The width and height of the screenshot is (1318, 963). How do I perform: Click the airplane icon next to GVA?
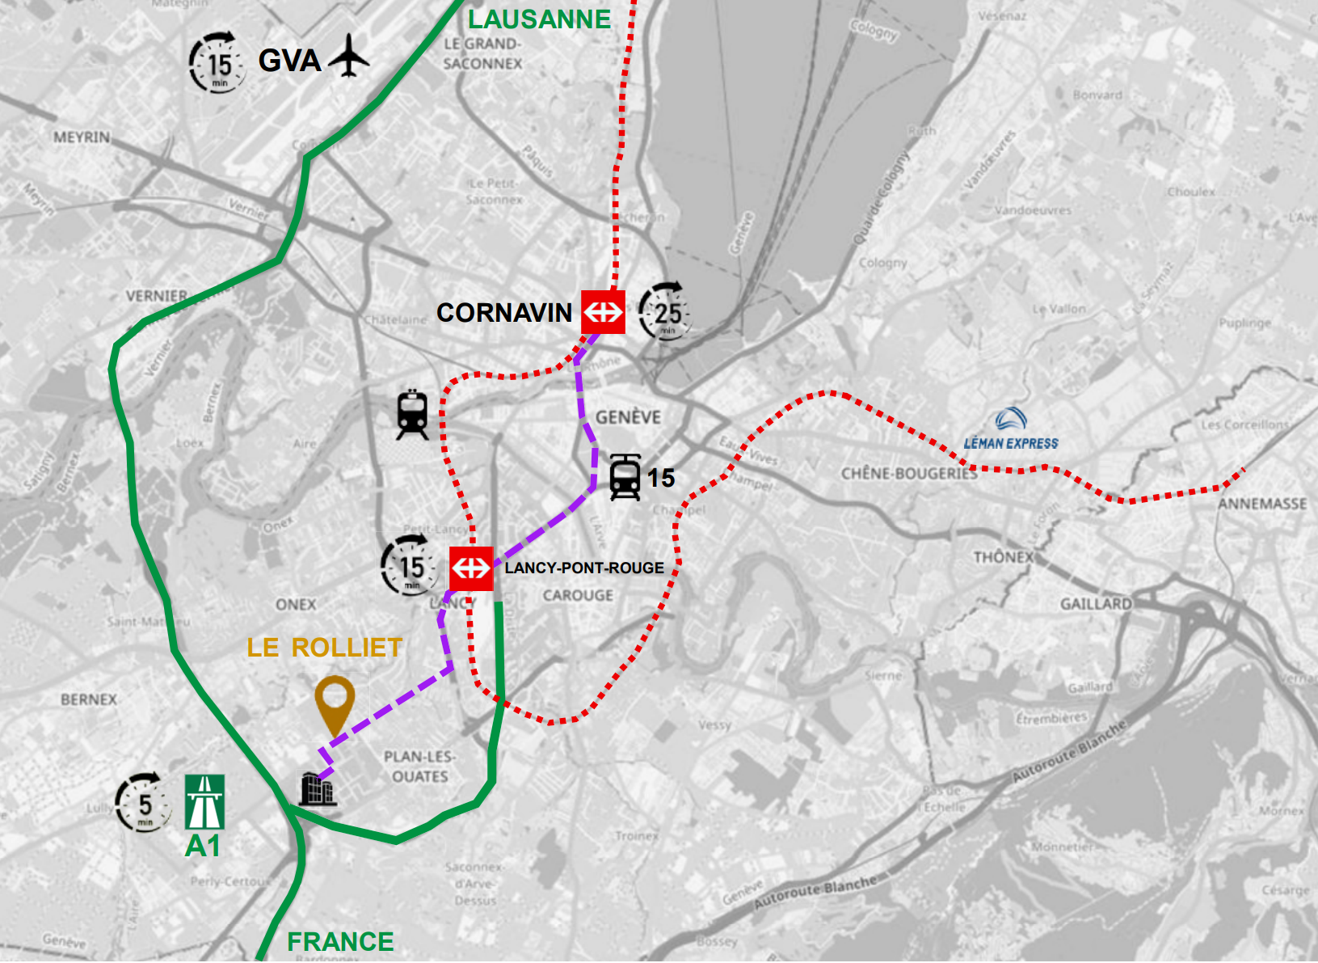[x=349, y=56]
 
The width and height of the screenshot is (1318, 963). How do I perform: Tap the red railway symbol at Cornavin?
[x=603, y=311]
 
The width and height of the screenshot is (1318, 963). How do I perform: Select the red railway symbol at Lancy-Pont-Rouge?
[x=471, y=568]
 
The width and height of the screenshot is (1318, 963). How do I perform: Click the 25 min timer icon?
[x=666, y=312]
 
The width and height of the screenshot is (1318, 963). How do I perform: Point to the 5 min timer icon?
[x=143, y=803]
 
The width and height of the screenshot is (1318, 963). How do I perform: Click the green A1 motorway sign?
[x=204, y=802]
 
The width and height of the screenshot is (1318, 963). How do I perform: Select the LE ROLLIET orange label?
[x=324, y=648]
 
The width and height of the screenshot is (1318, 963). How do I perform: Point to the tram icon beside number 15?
[x=625, y=477]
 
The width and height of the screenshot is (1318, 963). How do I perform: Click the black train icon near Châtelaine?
[x=412, y=415]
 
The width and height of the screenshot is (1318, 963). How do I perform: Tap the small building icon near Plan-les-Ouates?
[x=317, y=789]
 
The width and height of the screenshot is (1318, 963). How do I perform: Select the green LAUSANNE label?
[x=539, y=19]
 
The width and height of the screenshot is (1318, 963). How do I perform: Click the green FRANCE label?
[x=340, y=942]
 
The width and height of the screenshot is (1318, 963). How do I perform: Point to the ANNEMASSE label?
[x=1262, y=504]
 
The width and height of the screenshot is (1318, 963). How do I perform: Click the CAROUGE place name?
[x=578, y=595]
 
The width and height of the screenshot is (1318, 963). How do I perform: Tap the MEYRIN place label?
[x=82, y=137]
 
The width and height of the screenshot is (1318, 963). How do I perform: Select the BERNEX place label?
[x=89, y=699]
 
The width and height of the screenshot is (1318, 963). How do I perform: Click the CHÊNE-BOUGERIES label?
[x=908, y=473]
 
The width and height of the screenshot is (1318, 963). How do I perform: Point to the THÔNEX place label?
[x=1003, y=557]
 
